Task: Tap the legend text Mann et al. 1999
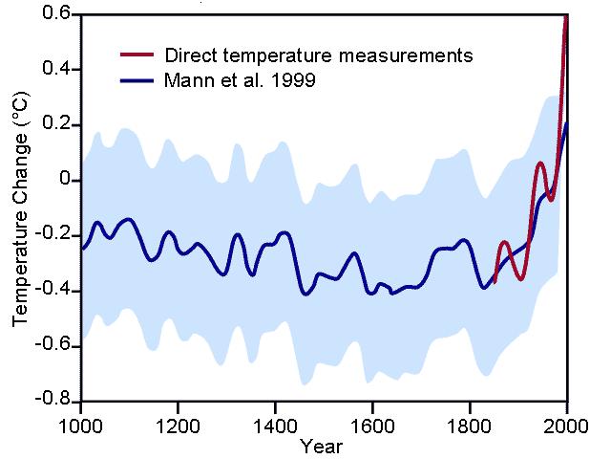click(240, 81)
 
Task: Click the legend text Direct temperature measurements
click(318, 55)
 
